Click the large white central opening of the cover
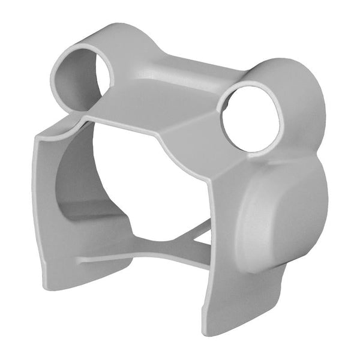pyautogui.click(x=150, y=186)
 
